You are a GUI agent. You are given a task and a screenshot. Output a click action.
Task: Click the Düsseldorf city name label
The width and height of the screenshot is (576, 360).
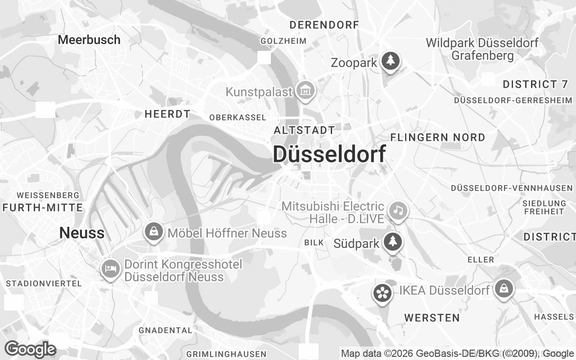[329, 154]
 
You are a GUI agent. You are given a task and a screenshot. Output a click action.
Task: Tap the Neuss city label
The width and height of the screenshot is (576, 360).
[82, 233]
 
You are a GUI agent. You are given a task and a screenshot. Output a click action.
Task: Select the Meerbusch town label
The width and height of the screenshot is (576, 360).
[89, 40]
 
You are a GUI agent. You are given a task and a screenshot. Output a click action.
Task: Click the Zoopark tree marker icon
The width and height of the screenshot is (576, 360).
[391, 61]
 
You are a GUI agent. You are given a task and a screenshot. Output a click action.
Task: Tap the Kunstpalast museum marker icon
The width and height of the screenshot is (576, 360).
[306, 90]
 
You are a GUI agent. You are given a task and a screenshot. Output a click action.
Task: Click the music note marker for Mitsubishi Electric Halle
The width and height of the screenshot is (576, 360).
[397, 210]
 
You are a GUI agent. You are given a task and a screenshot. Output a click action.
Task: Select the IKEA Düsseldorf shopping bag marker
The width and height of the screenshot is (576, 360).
[504, 288]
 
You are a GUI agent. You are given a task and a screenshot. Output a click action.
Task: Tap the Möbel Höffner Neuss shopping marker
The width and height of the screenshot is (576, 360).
[154, 232]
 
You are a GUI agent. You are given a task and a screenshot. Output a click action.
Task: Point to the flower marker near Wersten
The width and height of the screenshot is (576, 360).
[382, 293]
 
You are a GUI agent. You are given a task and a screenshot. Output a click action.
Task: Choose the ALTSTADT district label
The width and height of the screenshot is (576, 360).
[305, 130]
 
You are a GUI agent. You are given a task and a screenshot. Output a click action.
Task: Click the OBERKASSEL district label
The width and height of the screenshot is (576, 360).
[238, 117]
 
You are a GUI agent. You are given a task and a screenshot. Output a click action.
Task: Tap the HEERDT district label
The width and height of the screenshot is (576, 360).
[167, 114]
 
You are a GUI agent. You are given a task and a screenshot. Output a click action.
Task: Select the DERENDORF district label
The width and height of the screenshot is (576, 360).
[324, 25]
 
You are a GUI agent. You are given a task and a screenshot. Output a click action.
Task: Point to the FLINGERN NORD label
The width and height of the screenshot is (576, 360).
[438, 137]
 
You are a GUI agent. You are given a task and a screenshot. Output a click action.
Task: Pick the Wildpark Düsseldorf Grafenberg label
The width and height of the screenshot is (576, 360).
[482, 49]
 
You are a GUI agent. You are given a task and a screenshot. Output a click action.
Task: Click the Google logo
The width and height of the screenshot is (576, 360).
[31, 349]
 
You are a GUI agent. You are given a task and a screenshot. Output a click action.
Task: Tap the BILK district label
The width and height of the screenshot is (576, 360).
[314, 243]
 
